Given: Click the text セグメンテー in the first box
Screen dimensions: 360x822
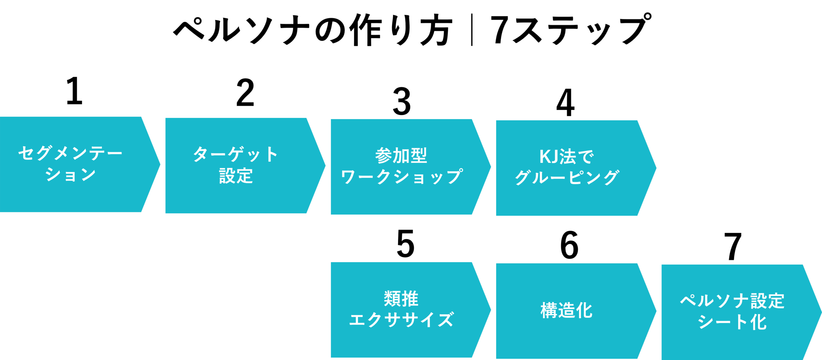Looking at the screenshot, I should point(70,153).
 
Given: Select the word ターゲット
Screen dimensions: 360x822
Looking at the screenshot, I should point(235,154).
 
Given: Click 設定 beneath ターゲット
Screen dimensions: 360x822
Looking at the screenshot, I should point(236,176).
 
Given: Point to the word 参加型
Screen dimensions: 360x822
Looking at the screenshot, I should point(401,156).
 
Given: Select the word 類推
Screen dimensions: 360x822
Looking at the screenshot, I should point(401,299).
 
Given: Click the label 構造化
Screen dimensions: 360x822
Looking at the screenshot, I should point(566,311).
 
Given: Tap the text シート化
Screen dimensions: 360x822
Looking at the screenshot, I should point(732,322).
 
